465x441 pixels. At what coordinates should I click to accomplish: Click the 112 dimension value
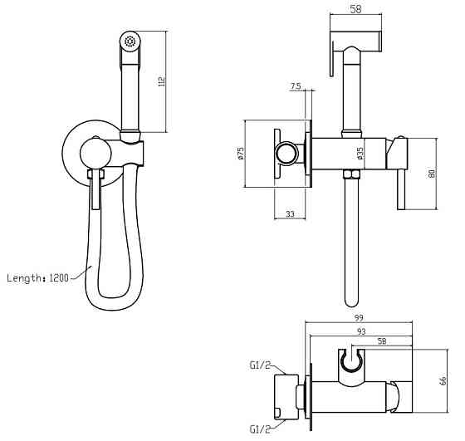[x=163, y=81]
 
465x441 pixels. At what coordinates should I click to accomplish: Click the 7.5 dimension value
[x=296, y=86]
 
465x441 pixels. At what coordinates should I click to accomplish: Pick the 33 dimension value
[x=291, y=214]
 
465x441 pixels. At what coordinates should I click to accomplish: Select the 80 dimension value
[x=431, y=174]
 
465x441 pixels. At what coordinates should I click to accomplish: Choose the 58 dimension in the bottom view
[x=381, y=341]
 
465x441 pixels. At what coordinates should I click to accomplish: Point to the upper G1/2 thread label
[x=259, y=364]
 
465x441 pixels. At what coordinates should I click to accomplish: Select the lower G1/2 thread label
[x=259, y=430]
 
